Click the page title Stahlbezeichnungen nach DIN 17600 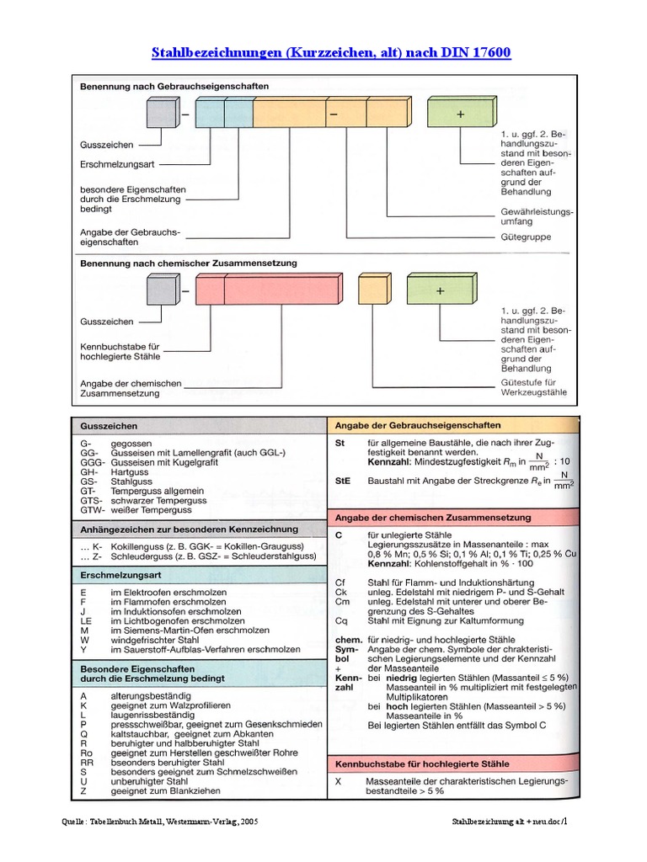[x=330, y=53]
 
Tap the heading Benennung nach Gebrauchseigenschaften [x=174, y=86]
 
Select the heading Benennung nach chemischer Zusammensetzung [x=188, y=263]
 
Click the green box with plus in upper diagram [x=459, y=113]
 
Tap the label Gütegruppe [x=524, y=237]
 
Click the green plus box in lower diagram [x=439, y=290]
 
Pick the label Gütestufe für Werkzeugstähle [x=534, y=387]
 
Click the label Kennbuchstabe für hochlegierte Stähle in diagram [x=119, y=352]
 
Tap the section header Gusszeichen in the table [x=109, y=426]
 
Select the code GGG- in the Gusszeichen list [x=91, y=463]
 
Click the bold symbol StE [x=343, y=481]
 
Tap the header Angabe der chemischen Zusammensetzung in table [x=432, y=517]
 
